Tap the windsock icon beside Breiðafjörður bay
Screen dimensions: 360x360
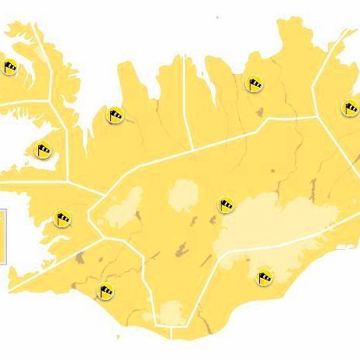[x=43, y=148]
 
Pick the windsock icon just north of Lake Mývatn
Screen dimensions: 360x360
[x=254, y=83]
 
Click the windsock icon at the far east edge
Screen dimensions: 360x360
[x=350, y=107]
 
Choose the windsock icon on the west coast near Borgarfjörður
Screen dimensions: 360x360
[x=62, y=218]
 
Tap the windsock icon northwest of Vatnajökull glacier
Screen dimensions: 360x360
[x=226, y=205]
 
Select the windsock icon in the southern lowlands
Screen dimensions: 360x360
[x=105, y=291]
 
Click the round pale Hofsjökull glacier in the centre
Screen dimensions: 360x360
[x=184, y=193]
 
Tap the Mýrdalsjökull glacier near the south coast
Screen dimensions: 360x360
[x=173, y=314]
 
